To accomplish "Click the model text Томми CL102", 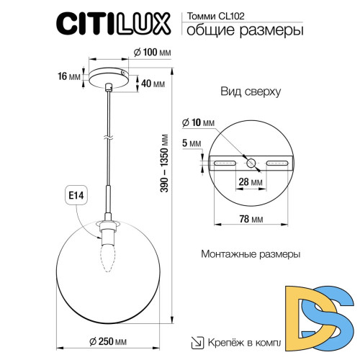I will tap(218, 14).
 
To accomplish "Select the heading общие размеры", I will tap(244, 30).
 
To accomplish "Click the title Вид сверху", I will tap(251, 94).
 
